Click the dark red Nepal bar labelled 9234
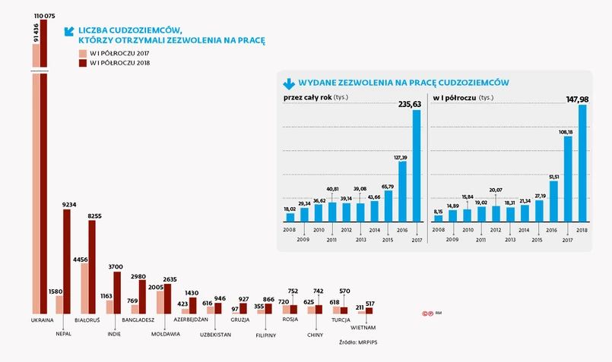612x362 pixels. tap(67, 262)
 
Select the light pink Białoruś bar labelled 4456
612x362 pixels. tap(84, 288)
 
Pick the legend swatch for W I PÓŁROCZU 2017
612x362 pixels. tap(83, 53)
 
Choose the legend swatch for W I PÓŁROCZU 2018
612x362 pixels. tap(83, 64)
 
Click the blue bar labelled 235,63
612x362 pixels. tap(417, 172)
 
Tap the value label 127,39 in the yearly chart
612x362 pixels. tap(402, 157)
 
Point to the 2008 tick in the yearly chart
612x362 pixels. tap(290, 228)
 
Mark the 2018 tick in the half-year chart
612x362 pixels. tap(582, 228)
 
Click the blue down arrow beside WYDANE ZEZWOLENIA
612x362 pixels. tap(288, 83)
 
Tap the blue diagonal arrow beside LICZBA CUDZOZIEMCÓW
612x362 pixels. tap(69, 31)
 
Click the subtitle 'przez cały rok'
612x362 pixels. tap(307, 98)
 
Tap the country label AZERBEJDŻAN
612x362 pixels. tap(192, 320)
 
